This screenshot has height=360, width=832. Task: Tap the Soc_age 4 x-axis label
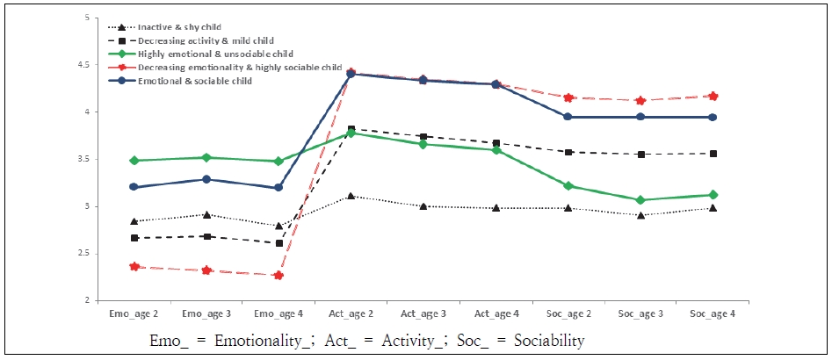point(713,313)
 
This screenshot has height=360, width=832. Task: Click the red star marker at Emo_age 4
point(278,276)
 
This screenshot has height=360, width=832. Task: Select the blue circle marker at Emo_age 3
point(205,179)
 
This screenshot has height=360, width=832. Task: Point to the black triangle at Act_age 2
point(351,196)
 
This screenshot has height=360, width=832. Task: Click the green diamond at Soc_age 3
point(641,200)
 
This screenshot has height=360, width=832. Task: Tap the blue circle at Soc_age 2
point(568,117)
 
